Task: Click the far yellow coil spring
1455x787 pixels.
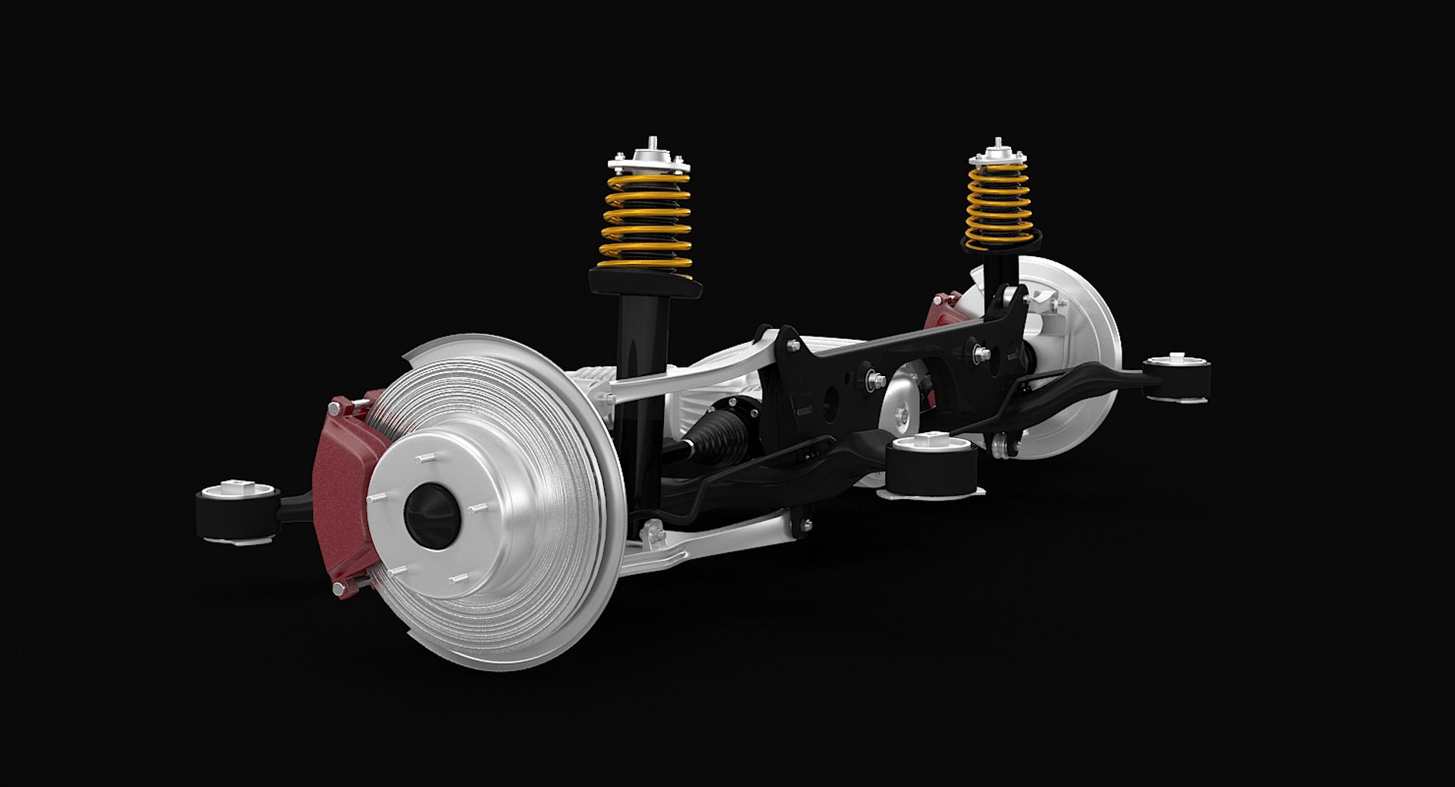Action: pyautogui.click(x=997, y=203)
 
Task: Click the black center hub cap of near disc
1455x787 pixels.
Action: pyautogui.click(x=432, y=513)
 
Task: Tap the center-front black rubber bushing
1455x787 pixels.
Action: pyautogui.click(x=931, y=466)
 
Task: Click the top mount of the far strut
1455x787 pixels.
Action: pyautogui.click(x=999, y=155)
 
